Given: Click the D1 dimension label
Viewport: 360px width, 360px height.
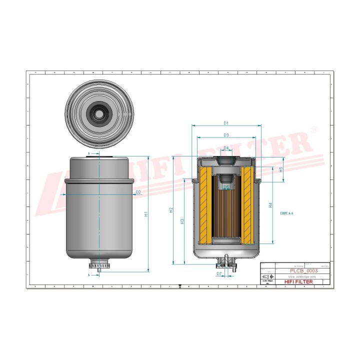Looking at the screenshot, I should pyautogui.click(x=226, y=123).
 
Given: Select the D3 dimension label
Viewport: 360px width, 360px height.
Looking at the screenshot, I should pyautogui.click(x=226, y=135).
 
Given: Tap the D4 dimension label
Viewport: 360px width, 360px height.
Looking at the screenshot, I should pyautogui.click(x=226, y=148).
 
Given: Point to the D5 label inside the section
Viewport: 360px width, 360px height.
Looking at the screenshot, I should pyautogui.click(x=226, y=187).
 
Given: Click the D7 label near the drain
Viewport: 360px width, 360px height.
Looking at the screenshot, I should pyautogui.click(x=219, y=274).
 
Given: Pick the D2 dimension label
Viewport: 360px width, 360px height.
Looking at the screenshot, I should pyautogui.click(x=138, y=192).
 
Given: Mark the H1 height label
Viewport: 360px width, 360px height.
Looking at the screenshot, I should pyautogui.click(x=146, y=214).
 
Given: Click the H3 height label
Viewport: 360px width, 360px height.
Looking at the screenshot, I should pyautogui.click(x=182, y=220).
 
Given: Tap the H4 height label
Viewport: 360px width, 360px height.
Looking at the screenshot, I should pyautogui.click(x=270, y=205).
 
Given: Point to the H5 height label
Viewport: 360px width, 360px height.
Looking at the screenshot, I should pyautogui.click(x=281, y=169).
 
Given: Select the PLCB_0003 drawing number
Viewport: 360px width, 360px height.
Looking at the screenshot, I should pyautogui.click(x=304, y=270).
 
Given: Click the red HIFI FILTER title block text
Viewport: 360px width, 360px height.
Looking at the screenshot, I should pyautogui.click(x=298, y=282).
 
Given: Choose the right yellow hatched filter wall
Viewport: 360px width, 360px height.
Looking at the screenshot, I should pyautogui.click(x=247, y=204).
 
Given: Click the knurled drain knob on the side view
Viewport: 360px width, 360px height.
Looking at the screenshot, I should pyautogui.click(x=100, y=263).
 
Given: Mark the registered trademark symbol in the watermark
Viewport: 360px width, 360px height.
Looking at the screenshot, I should pyautogui.click(x=313, y=129).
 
